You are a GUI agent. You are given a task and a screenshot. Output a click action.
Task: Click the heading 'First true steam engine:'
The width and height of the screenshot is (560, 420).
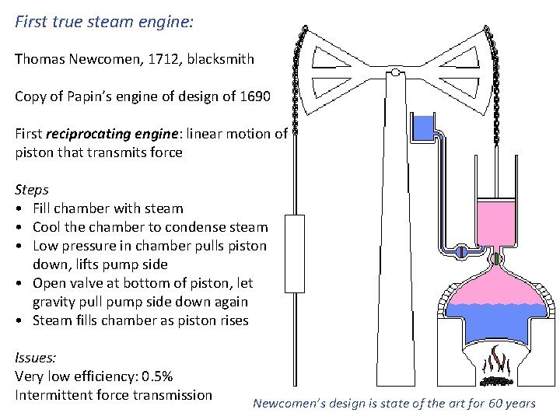pos(104,21)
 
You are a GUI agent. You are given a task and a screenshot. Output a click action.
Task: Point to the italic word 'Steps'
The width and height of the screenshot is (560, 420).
pos(32,190)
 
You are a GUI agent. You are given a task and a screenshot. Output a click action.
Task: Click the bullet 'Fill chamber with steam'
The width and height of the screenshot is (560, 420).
pos(108,208)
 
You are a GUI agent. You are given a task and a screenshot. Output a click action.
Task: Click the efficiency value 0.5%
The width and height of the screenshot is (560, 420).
pos(156,376)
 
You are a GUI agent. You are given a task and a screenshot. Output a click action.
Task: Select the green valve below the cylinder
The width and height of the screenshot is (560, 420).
pos(494,258)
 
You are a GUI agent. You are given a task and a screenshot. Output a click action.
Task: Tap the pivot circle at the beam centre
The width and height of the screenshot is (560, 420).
pos(395,74)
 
